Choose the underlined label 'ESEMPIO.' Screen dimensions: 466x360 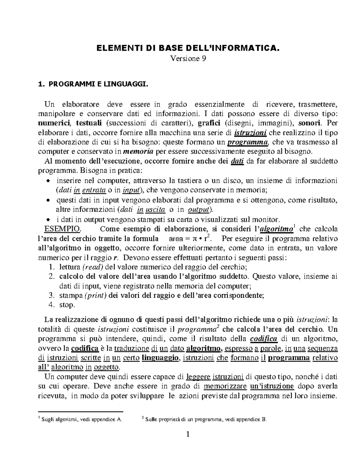click(62, 229)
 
